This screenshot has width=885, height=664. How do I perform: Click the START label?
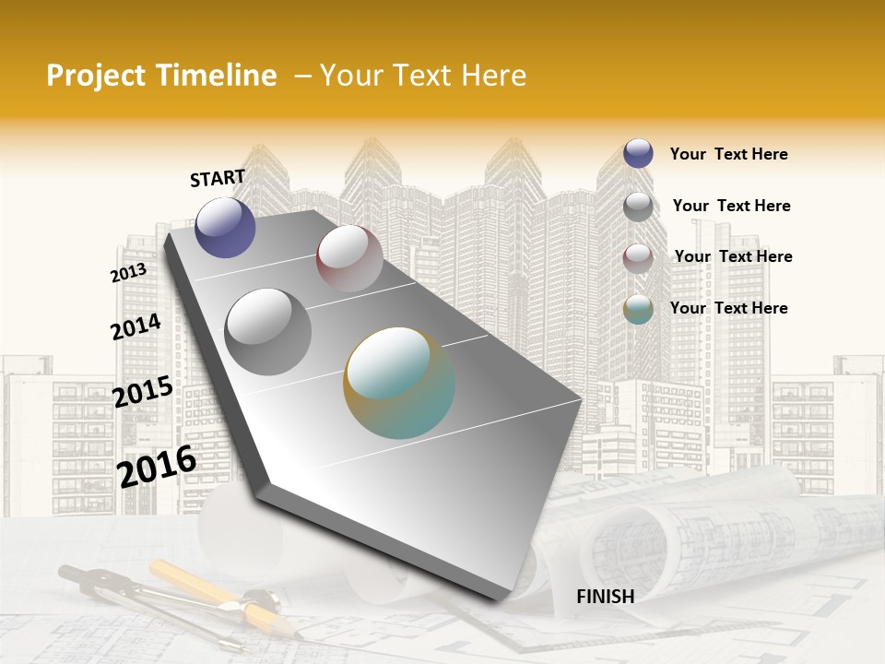pos(218,178)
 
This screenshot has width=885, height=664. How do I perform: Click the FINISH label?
pos(605,597)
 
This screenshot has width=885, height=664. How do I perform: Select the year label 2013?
pos(128,273)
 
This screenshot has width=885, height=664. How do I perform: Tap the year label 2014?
pos(136,326)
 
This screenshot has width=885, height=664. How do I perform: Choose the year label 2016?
pos(157,466)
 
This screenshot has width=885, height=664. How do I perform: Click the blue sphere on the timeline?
pos(225,227)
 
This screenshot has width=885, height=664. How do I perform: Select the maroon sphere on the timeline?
pos(349,258)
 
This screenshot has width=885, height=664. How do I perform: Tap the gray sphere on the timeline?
pos(268,332)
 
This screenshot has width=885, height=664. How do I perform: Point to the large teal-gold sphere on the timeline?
pos(399,383)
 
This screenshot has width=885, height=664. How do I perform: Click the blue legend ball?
pos(638,153)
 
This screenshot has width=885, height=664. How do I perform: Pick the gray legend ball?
pos(638,207)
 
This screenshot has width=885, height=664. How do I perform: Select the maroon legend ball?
pos(638,257)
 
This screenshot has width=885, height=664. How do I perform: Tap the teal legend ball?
pos(638,309)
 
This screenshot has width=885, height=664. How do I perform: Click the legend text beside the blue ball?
pos(728,154)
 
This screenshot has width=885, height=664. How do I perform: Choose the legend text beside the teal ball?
pos(728,308)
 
